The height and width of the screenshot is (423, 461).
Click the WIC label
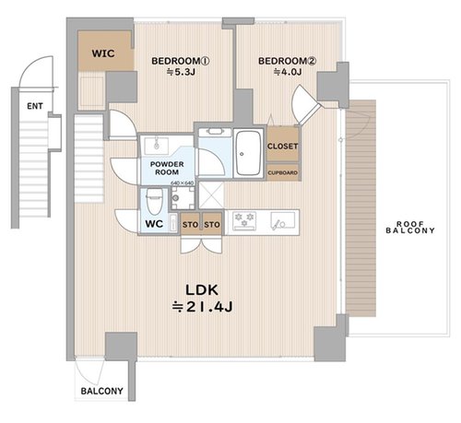(x=103, y=53)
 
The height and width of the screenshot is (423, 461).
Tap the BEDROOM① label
(x=181, y=61)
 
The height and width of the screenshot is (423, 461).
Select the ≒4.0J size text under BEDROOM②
(x=287, y=72)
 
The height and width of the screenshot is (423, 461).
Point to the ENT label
(x=35, y=106)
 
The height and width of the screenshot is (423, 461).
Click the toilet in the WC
(x=154, y=201)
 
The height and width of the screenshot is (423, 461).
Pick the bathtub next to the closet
(x=248, y=153)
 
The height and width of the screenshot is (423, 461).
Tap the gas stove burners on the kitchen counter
(x=244, y=220)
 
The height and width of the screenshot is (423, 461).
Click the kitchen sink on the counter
(x=282, y=220)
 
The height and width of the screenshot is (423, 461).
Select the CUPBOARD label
(x=283, y=172)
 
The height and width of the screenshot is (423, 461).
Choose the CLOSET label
(x=282, y=147)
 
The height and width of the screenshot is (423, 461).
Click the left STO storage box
(x=190, y=223)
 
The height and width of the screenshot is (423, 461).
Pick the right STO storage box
(x=212, y=223)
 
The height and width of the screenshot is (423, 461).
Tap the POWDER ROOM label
(x=167, y=168)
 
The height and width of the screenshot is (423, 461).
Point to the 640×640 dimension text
(x=183, y=182)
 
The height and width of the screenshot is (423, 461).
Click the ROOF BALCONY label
(x=410, y=228)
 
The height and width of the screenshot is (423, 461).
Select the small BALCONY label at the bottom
(x=101, y=391)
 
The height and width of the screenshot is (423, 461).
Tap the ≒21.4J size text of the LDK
(x=202, y=307)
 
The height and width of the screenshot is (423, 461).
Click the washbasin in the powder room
(x=156, y=146)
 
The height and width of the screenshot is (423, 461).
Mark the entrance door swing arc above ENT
(x=36, y=72)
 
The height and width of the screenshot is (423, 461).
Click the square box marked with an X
(x=211, y=195)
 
